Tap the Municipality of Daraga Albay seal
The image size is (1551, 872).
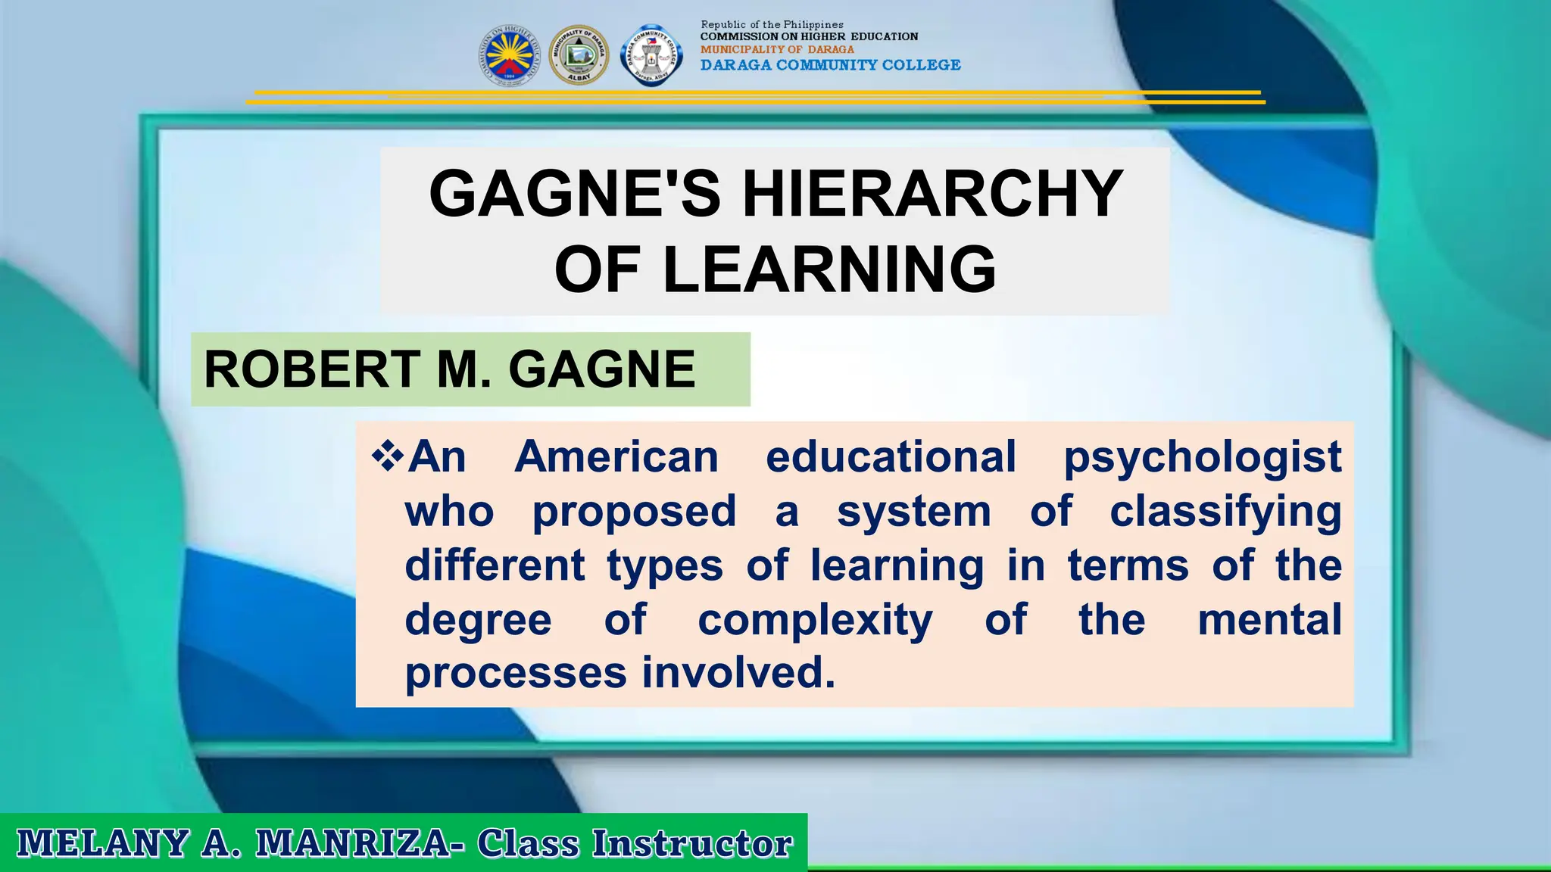tap(579, 55)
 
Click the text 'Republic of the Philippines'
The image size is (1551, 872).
tap(772, 25)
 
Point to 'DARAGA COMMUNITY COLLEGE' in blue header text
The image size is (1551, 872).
tap(830, 65)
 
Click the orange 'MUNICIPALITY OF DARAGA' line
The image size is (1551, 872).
tap(777, 49)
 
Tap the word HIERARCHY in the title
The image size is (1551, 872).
tap(932, 194)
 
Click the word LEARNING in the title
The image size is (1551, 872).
tap(829, 269)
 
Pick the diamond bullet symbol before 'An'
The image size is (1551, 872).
tap(387, 456)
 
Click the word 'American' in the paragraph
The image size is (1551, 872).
tap(616, 457)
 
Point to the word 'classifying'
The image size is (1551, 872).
tap(1225, 512)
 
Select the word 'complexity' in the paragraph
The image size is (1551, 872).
tap(815, 621)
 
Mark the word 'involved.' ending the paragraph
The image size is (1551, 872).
tap(738, 673)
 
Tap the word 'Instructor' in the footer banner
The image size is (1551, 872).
tap(691, 843)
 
